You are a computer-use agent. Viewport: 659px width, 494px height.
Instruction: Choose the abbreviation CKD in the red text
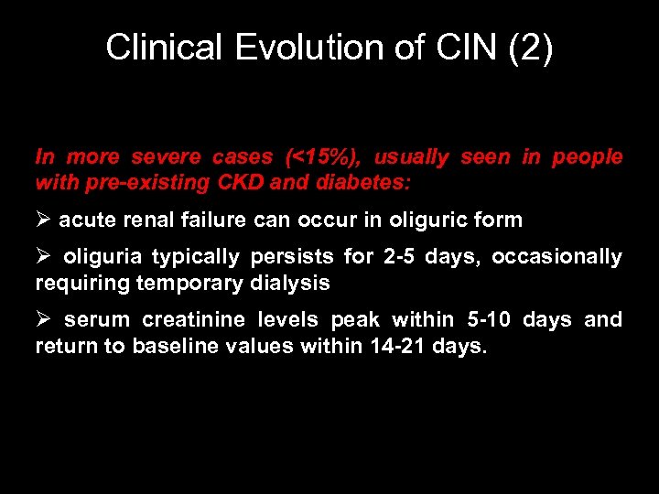(242, 183)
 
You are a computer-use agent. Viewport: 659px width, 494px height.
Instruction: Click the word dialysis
(289, 283)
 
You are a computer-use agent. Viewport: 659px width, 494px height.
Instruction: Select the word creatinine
(205, 320)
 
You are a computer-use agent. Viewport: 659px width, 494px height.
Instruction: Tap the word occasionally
(556, 257)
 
